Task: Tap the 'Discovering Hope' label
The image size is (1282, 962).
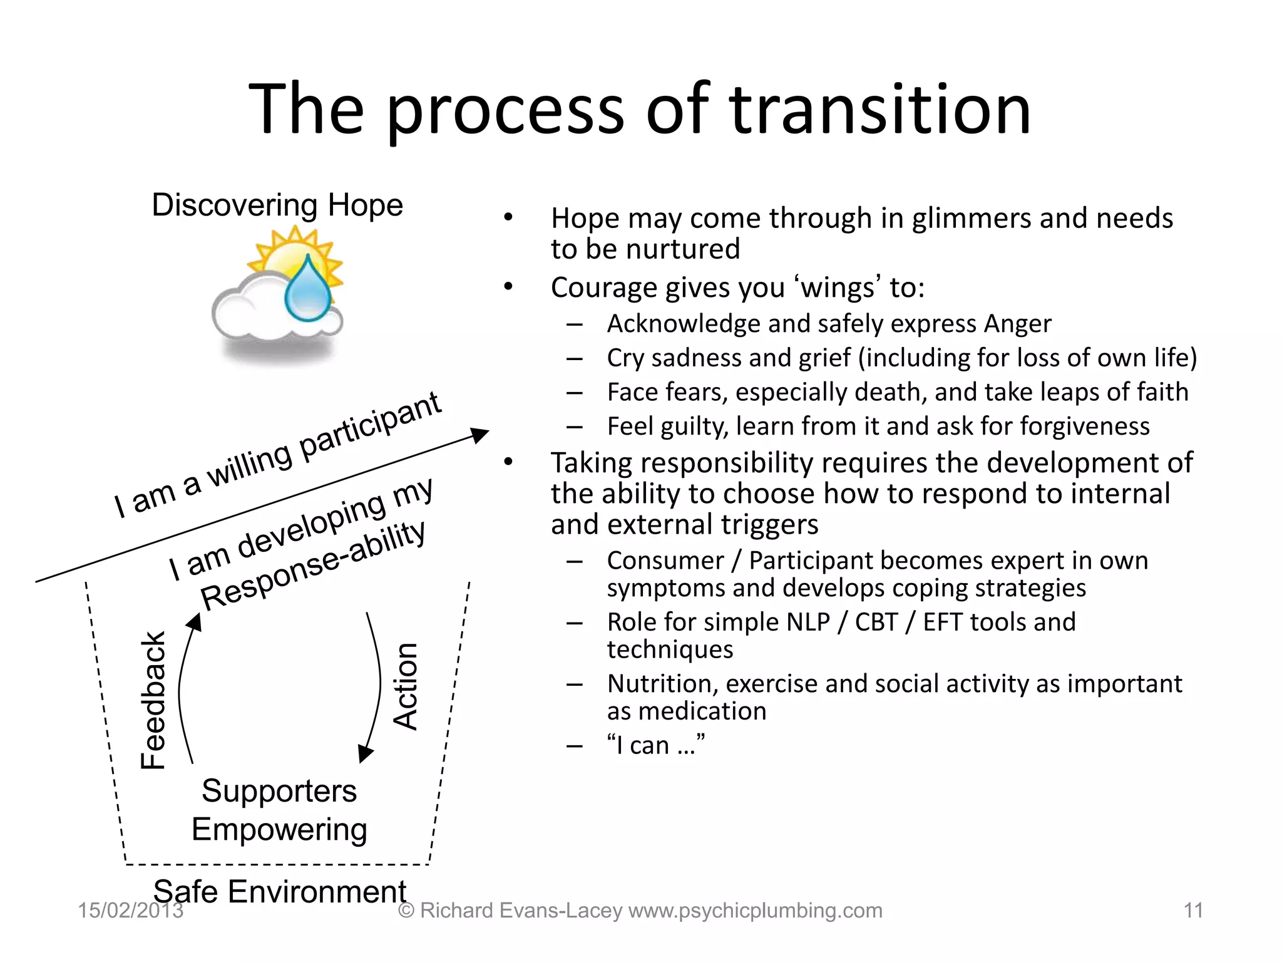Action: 277,205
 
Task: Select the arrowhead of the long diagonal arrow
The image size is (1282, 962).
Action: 480,433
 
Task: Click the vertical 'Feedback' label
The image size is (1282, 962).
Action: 153,700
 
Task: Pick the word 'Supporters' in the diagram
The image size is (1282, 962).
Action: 279,791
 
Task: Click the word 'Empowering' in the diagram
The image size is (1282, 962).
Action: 279,830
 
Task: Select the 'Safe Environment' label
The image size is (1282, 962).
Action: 280,891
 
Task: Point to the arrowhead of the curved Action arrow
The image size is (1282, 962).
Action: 366,754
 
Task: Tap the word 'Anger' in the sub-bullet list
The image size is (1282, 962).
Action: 1017,324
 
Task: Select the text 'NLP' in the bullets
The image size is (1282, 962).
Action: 808,623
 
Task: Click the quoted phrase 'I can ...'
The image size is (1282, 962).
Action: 655,745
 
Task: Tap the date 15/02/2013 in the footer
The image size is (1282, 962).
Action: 130,911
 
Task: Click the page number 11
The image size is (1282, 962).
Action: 1193,911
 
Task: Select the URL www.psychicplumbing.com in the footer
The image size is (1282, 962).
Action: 756,911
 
